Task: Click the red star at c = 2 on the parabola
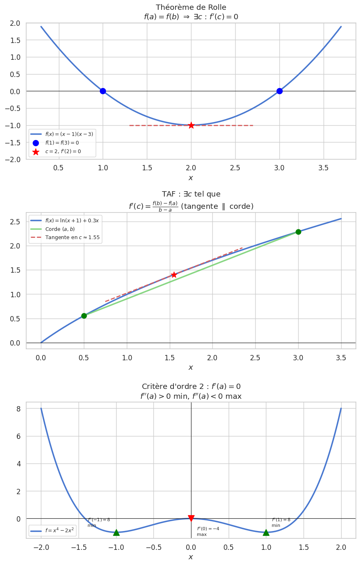[191, 125]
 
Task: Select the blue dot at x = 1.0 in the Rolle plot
[103, 91]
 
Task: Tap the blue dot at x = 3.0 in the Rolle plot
[279, 91]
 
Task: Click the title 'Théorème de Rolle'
[191, 7]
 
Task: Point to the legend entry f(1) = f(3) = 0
[62, 143]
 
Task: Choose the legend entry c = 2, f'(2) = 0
[63, 151]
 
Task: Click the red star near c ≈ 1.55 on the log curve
[174, 275]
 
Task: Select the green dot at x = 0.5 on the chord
[84, 316]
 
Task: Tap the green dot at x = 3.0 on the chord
[298, 232]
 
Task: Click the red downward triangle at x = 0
[191, 518]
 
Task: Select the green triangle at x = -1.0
[116, 532]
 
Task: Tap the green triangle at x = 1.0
[266, 532]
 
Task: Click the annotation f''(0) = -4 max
[208, 531]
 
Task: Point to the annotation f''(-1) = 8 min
[99, 522]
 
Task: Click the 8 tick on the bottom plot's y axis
[18, 409]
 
